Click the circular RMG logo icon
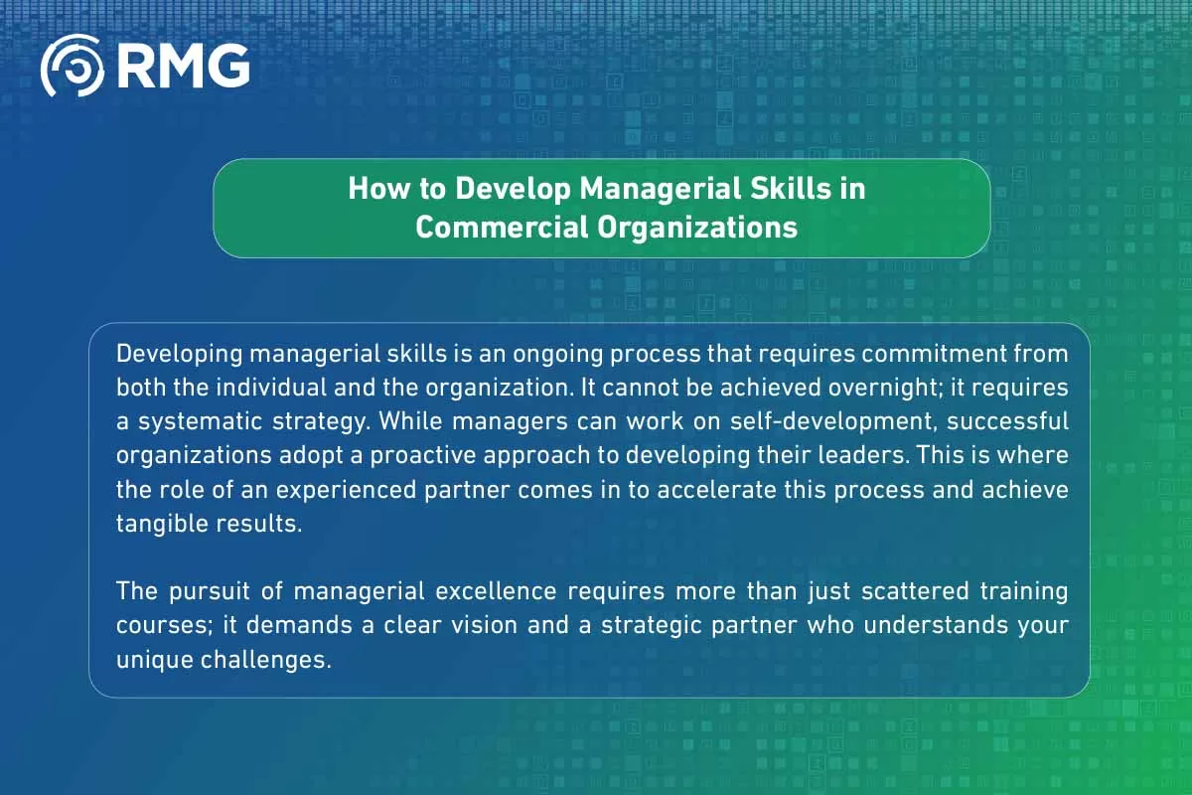(x=72, y=67)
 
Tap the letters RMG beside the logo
(x=183, y=67)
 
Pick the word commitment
(x=930, y=353)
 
